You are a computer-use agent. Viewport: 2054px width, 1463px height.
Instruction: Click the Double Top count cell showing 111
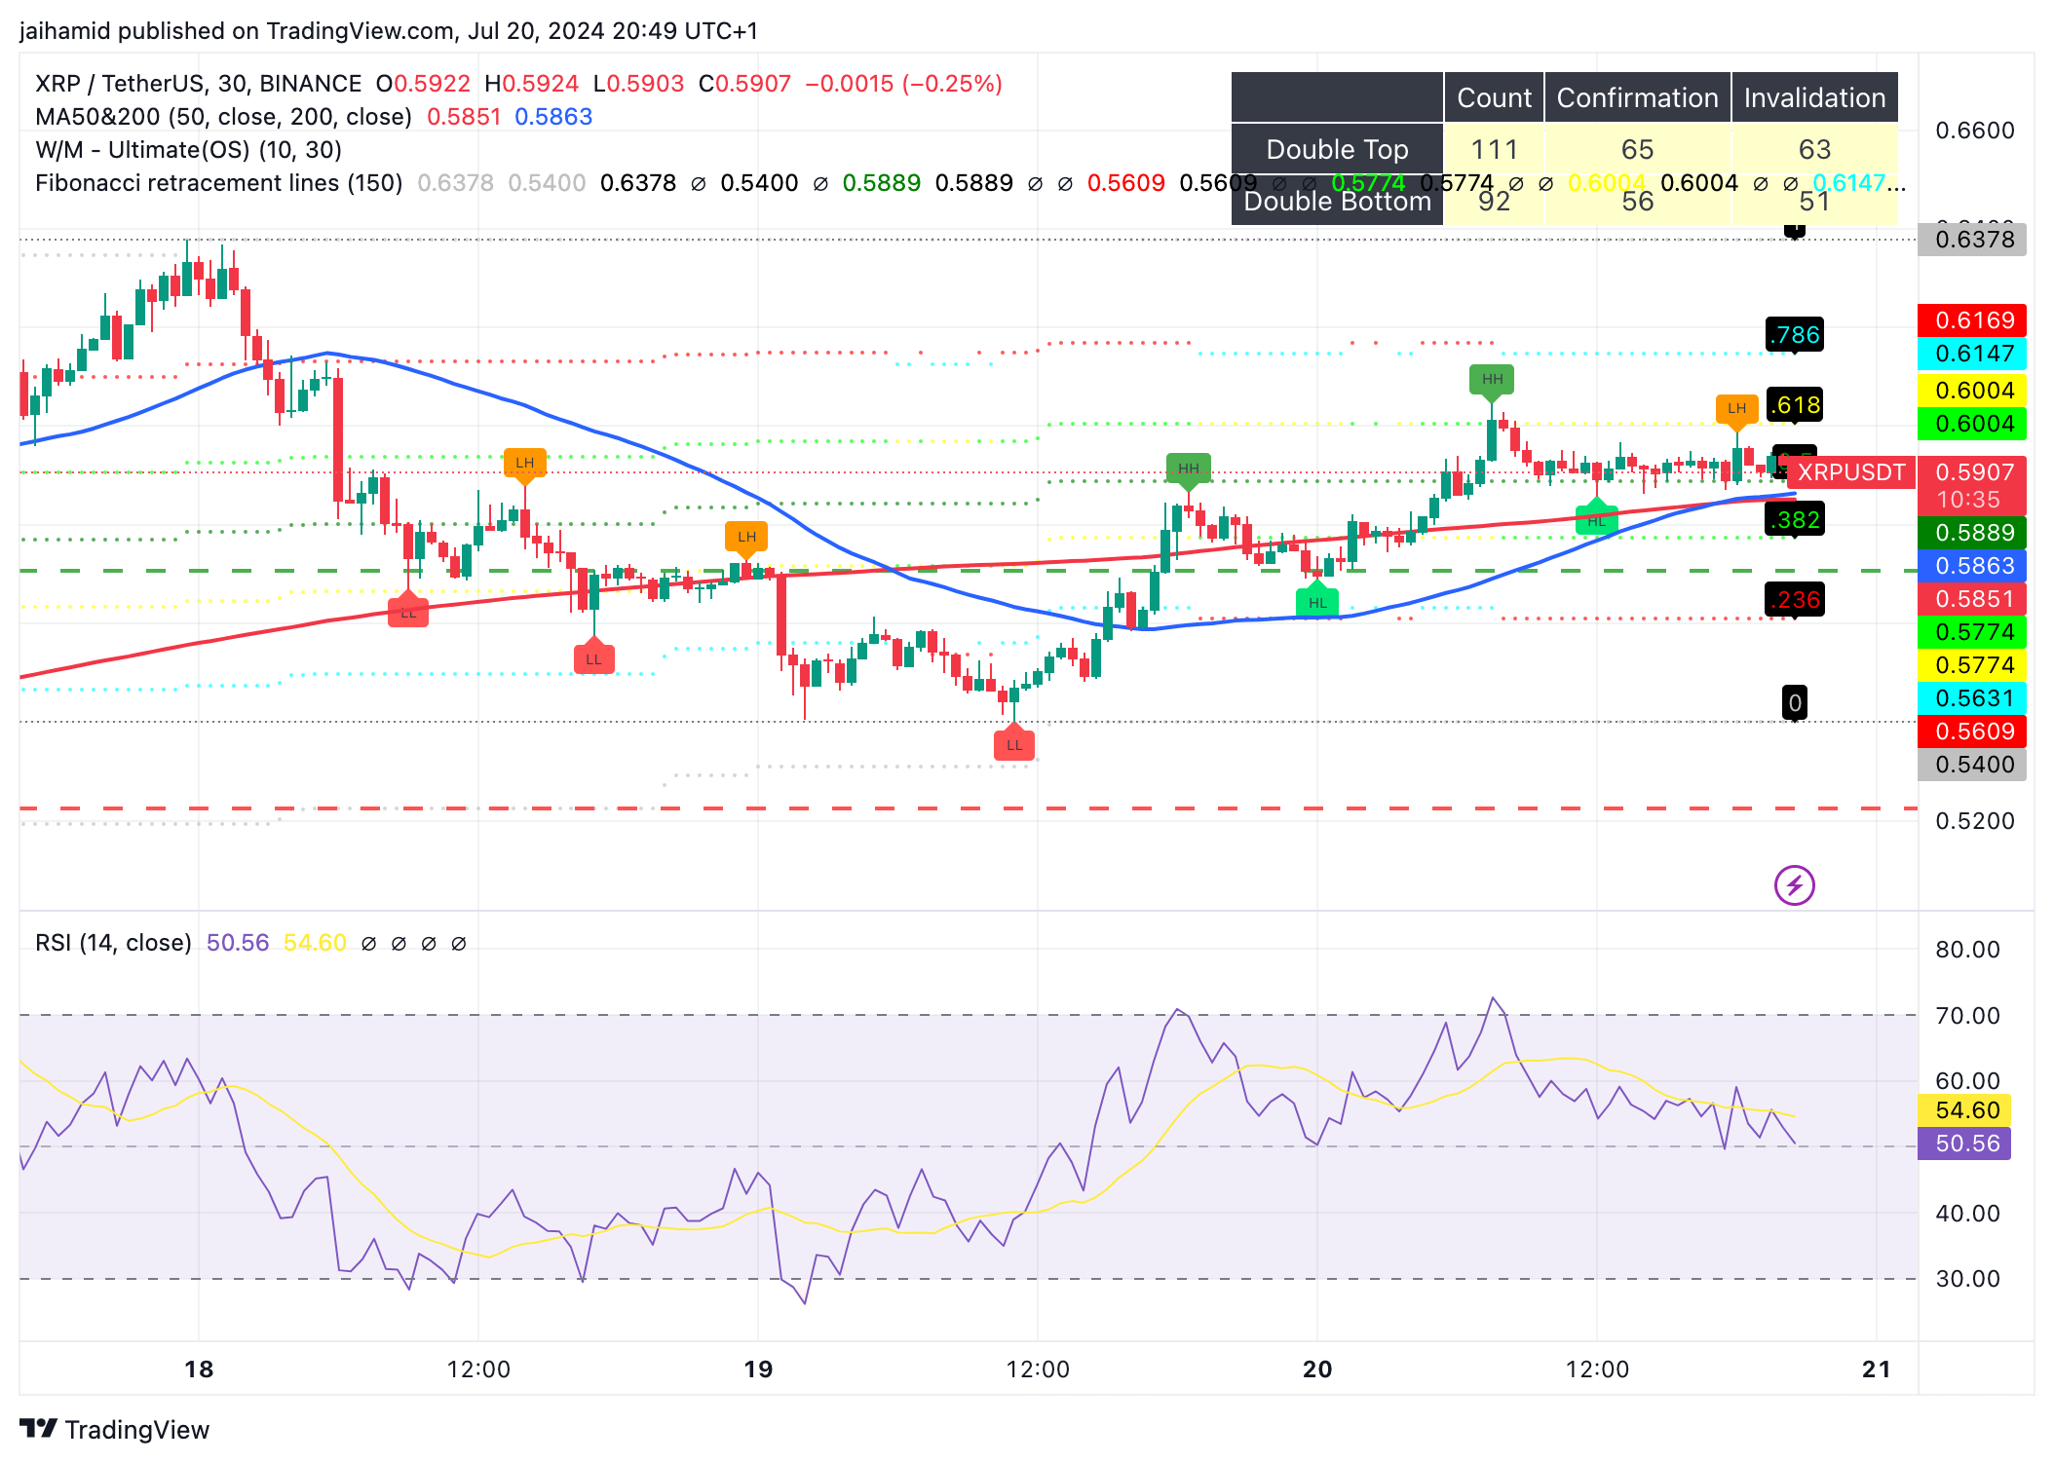(x=1493, y=149)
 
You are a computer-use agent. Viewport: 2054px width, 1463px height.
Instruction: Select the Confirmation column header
(x=1637, y=97)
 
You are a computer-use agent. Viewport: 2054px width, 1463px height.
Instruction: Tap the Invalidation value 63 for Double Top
(x=1813, y=149)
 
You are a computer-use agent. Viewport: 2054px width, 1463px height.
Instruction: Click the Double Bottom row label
(x=1337, y=202)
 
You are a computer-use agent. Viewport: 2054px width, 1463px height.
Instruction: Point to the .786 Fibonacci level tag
(x=1795, y=335)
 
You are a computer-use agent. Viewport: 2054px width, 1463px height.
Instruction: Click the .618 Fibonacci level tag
(x=1795, y=405)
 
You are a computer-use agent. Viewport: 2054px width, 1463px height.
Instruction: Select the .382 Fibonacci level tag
(x=1795, y=520)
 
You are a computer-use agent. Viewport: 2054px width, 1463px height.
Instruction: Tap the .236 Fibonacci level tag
(x=1795, y=600)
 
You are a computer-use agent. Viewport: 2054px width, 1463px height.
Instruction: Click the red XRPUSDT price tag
(x=1850, y=472)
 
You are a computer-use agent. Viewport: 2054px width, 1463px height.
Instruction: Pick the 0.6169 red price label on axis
(x=1972, y=320)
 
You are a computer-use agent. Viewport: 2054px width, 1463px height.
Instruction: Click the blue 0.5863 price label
(x=1972, y=566)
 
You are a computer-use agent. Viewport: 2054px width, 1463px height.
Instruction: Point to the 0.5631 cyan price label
(x=1972, y=698)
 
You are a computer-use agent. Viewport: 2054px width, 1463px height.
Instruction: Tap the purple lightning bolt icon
(x=1794, y=885)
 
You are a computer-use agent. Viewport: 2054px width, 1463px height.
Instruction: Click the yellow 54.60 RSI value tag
(x=1966, y=1110)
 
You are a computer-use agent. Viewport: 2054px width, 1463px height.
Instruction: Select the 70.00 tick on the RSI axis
(x=1966, y=1016)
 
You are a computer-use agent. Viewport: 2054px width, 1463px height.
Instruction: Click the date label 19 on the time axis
(x=758, y=1369)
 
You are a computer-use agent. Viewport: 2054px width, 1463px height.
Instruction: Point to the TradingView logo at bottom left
(x=115, y=1429)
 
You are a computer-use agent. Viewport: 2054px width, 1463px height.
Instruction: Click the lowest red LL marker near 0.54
(x=1014, y=745)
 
